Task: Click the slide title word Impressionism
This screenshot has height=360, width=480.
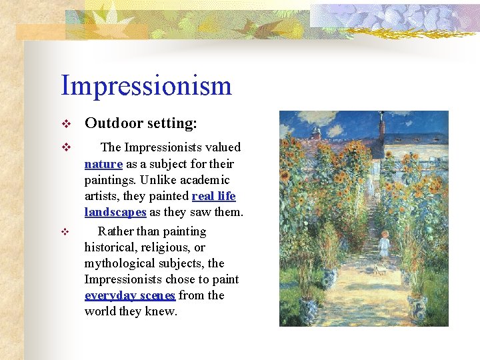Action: point(146,85)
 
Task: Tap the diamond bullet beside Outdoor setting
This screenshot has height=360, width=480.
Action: point(65,124)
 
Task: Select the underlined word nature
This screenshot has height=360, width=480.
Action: point(103,164)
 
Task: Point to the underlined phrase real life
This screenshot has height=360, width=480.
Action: point(213,197)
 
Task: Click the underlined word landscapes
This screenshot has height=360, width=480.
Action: point(115,213)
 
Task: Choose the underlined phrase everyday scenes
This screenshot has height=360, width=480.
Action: point(130,295)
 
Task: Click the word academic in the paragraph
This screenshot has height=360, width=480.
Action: point(206,180)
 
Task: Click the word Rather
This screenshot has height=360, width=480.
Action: point(115,231)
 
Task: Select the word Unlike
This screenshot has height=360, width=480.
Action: point(159,180)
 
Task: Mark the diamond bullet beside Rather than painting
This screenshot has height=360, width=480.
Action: point(65,232)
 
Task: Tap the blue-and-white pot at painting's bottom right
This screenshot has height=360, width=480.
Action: point(417,306)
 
